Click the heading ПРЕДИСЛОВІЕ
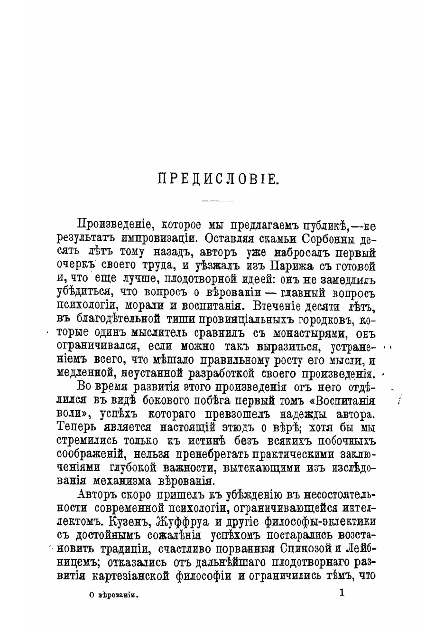click(217, 179)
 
